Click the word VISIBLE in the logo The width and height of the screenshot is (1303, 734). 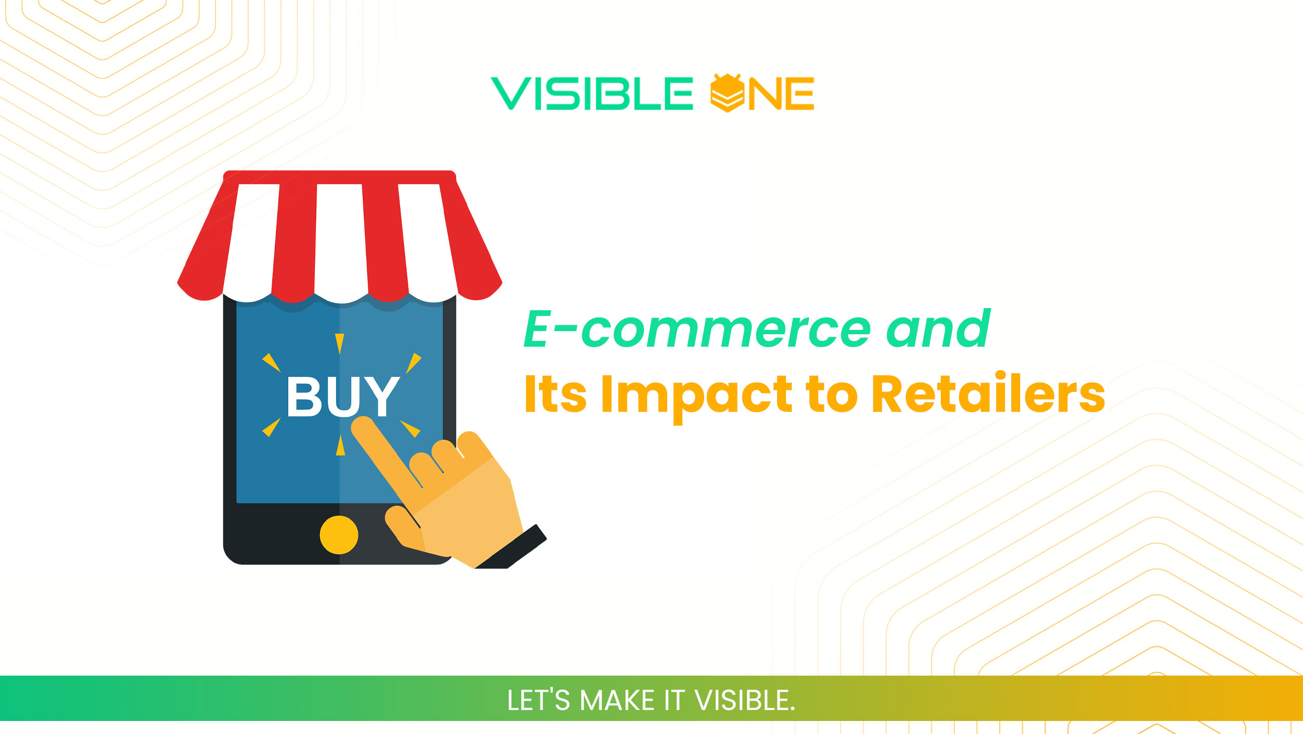[x=592, y=94]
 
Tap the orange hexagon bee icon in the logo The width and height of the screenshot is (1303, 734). [x=727, y=93]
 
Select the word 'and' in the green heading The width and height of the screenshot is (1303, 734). [x=938, y=328]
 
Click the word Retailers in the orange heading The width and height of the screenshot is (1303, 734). [x=988, y=394]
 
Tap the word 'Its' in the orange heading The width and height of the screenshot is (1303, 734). [x=555, y=394]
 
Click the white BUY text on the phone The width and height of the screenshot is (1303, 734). [x=343, y=396]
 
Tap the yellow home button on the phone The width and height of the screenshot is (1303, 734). [x=339, y=535]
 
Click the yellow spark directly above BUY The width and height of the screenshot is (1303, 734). [x=340, y=343]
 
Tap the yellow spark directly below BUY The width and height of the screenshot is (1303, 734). [x=340, y=446]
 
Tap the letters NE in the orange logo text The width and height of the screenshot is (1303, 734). [x=781, y=94]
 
